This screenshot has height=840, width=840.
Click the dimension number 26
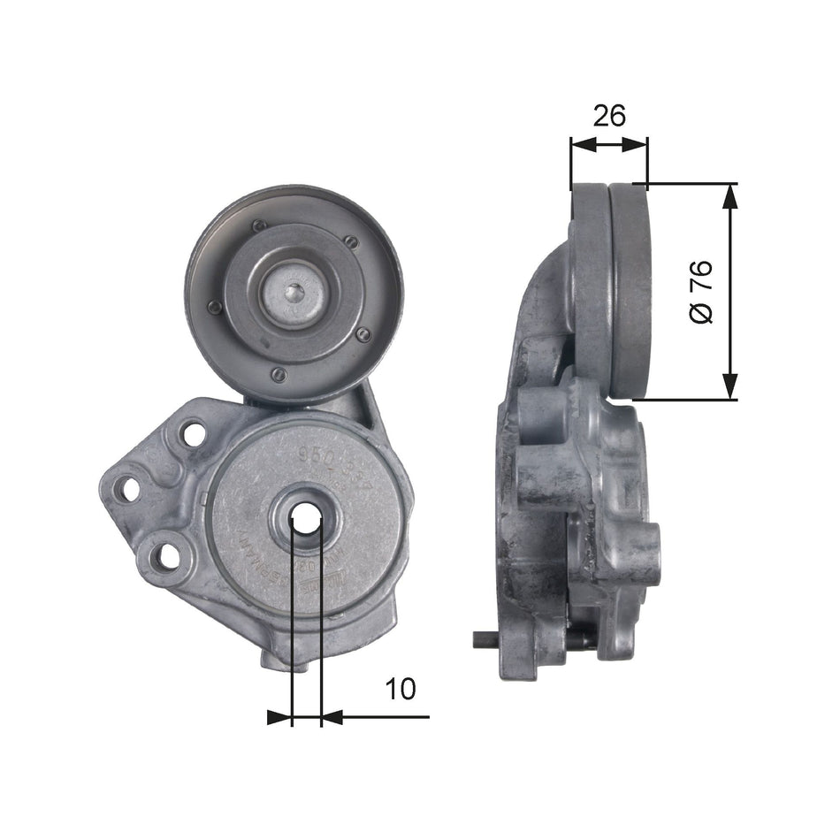[609, 115]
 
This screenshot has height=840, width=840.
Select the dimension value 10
[401, 689]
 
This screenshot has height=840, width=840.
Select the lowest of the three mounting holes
[162, 556]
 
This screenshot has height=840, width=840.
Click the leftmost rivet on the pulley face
[213, 308]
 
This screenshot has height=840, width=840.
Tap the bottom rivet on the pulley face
[278, 376]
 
